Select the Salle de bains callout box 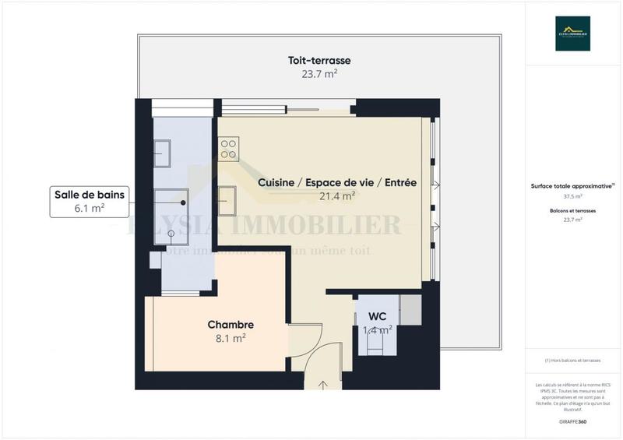pyautogui.click(x=88, y=200)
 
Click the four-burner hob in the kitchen pyautogui.click(x=229, y=149)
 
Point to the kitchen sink pyautogui.click(x=228, y=200)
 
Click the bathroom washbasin pyautogui.click(x=162, y=153)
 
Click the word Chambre pyautogui.click(x=231, y=325)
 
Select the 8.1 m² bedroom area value pyautogui.click(x=231, y=338)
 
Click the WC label pyautogui.click(x=377, y=317)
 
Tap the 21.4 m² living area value pyautogui.click(x=337, y=196)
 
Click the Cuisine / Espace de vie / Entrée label pyautogui.click(x=337, y=183)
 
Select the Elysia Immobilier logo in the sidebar pyautogui.click(x=572, y=33)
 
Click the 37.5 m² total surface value pyautogui.click(x=572, y=197)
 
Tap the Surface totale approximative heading pyautogui.click(x=572, y=186)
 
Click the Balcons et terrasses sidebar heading pyautogui.click(x=572, y=211)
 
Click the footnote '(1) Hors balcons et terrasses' pyautogui.click(x=572, y=361)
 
